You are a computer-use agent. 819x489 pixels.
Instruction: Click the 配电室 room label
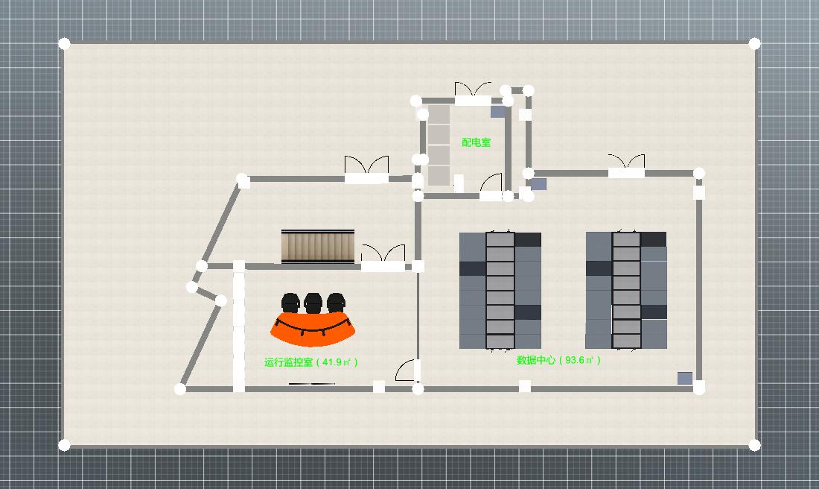click(477, 142)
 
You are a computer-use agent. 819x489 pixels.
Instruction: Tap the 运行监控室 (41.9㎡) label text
click(311, 362)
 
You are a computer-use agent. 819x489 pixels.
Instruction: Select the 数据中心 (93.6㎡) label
click(558, 360)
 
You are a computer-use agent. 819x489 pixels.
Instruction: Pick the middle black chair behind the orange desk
click(313, 303)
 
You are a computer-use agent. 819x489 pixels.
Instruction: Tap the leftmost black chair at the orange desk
click(290, 303)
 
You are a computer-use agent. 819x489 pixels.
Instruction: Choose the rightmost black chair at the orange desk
click(336, 303)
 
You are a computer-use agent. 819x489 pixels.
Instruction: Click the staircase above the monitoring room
click(318, 247)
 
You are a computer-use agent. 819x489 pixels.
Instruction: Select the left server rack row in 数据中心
click(500, 291)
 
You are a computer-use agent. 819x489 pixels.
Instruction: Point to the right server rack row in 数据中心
click(626, 291)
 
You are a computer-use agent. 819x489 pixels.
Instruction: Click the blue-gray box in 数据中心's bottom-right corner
click(685, 379)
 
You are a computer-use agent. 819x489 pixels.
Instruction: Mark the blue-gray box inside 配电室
click(497, 112)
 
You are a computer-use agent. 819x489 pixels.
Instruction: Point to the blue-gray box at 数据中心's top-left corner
click(538, 183)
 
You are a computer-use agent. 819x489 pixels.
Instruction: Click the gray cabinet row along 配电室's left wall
click(439, 145)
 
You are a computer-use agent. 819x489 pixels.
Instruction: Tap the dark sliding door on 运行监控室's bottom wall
click(312, 384)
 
